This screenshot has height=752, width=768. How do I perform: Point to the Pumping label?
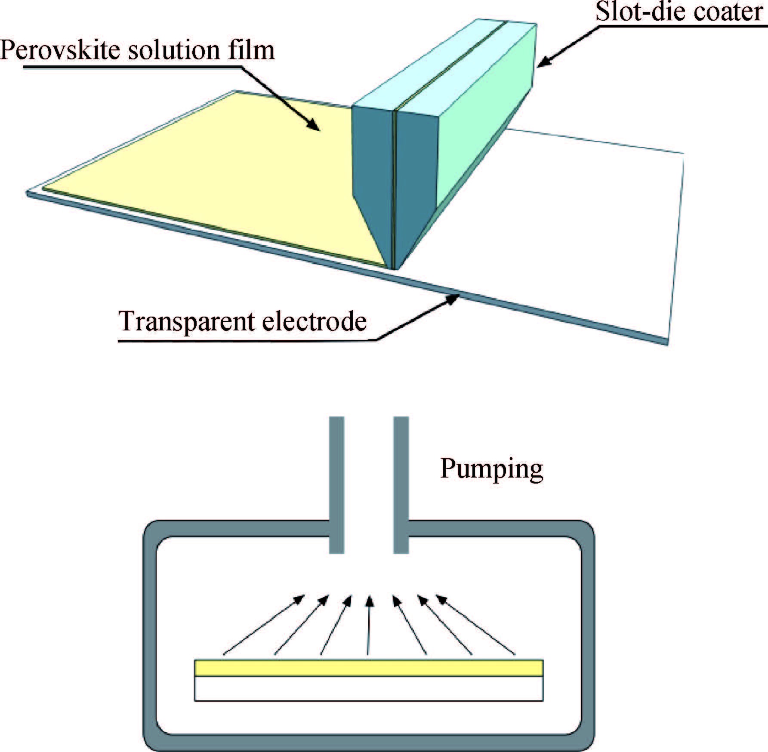[491, 469]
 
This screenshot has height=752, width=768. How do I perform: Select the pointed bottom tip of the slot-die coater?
[394, 267]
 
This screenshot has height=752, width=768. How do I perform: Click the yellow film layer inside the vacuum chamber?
[369, 668]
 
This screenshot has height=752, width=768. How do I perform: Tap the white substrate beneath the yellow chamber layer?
[369, 689]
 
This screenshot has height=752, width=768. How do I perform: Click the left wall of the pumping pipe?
[336, 484]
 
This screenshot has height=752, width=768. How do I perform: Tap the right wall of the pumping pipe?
[401, 484]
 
